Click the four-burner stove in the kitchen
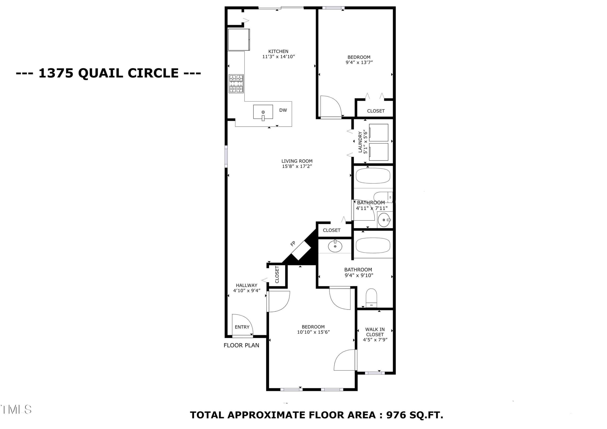pyautogui.click(x=236, y=84)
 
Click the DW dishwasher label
pyautogui.click(x=283, y=110)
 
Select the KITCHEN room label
pyautogui.click(x=278, y=51)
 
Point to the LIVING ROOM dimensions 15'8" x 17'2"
pyautogui.click(x=297, y=166)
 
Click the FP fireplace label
pyautogui.click(x=293, y=244)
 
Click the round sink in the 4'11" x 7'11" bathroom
pyautogui.click(x=384, y=220)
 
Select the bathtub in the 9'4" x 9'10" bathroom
pyautogui.click(x=373, y=245)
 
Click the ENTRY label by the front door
pyautogui.click(x=242, y=327)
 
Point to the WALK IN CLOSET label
pyautogui.click(x=375, y=332)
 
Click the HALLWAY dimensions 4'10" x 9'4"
pyautogui.click(x=247, y=291)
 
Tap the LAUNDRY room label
pyautogui.click(x=360, y=142)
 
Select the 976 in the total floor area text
pyautogui.click(x=396, y=415)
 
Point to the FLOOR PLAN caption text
pyautogui.click(x=241, y=345)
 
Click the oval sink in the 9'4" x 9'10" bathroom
pyautogui.click(x=335, y=246)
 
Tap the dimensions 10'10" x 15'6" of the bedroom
pyautogui.click(x=313, y=332)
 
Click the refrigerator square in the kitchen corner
pyautogui.click(x=239, y=39)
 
